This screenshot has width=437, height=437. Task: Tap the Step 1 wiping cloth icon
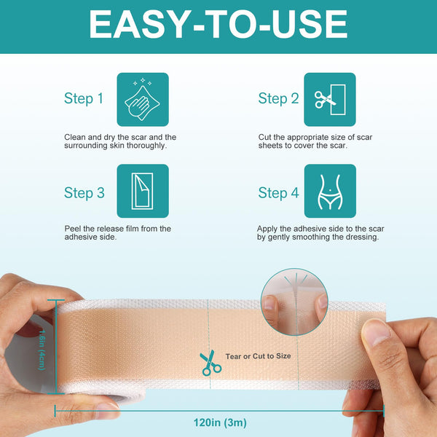tap(143, 99)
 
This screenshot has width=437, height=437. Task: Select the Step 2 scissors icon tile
tap(329, 99)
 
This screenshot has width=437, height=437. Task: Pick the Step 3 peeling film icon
tap(143, 192)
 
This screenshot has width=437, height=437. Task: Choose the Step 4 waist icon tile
tap(329, 192)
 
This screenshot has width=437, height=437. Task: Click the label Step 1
tap(89, 99)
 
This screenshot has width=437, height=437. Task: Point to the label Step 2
tap(279, 99)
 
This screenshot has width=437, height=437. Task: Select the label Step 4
tap(279, 193)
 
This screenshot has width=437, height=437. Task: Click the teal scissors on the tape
tap(210, 362)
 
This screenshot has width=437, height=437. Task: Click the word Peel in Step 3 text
tap(72, 229)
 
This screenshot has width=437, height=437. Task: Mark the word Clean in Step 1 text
tap(74, 137)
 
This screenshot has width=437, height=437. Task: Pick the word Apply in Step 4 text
tap(268, 229)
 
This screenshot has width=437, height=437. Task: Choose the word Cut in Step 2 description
tap(264, 137)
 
